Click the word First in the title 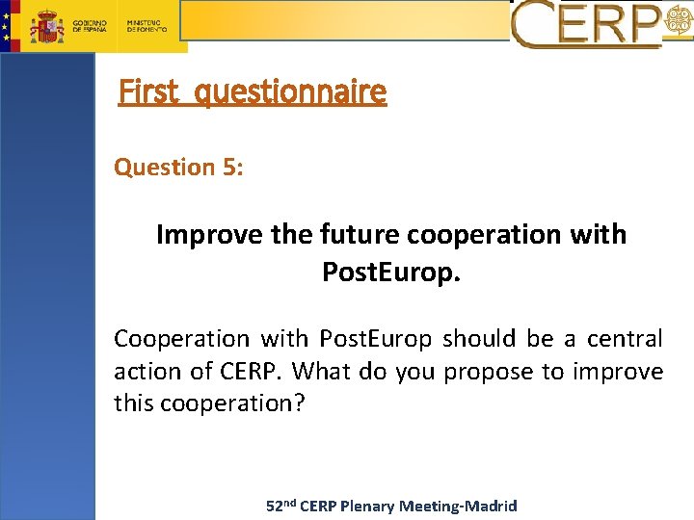[148, 91]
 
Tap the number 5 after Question [231, 167]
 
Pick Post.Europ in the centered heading [391, 273]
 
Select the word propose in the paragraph [491, 371]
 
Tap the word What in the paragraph [321, 371]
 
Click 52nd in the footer [280, 506]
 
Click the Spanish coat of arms [46, 27]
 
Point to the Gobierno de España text [90, 26]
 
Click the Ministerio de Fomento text [147, 26]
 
